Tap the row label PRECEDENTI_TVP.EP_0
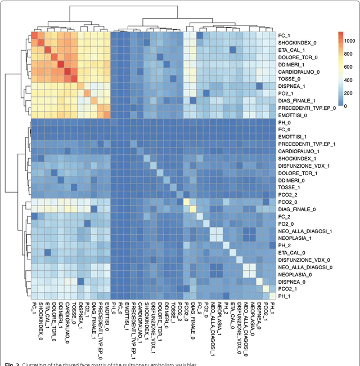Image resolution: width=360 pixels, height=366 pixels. coord(307,108)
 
